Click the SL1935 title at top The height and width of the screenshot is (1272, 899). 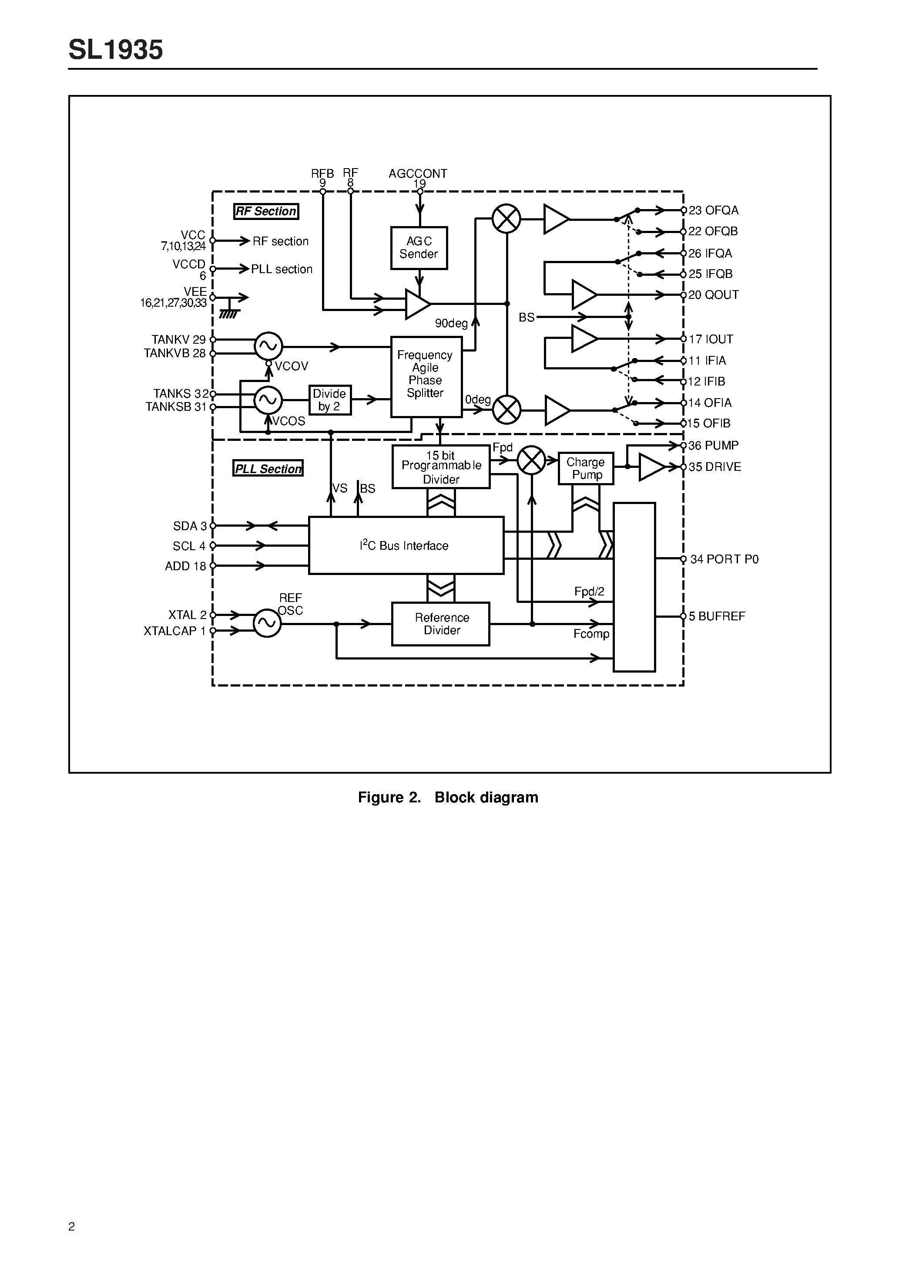click(x=116, y=50)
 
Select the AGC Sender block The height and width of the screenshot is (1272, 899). click(x=419, y=247)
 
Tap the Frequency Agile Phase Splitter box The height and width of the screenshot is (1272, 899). click(x=426, y=376)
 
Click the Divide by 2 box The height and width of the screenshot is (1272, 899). click(x=330, y=399)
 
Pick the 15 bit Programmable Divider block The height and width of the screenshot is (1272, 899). click(x=441, y=467)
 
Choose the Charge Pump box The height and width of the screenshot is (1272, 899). click(x=586, y=468)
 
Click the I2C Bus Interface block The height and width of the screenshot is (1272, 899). click(x=406, y=545)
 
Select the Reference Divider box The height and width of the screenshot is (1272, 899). click(x=441, y=624)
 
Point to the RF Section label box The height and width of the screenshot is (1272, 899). click(x=266, y=211)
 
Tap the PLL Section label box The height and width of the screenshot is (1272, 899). click(x=268, y=469)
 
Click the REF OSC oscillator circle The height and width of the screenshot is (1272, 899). click(x=267, y=623)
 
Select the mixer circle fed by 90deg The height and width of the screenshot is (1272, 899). click(x=507, y=218)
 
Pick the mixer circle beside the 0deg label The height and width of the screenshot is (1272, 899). click(x=507, y=410)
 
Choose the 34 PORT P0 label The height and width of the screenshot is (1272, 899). click(x=724, y=559)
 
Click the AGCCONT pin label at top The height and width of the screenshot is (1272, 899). click(x=417, y=174)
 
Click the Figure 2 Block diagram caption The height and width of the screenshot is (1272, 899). click(x=448, y=797)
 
